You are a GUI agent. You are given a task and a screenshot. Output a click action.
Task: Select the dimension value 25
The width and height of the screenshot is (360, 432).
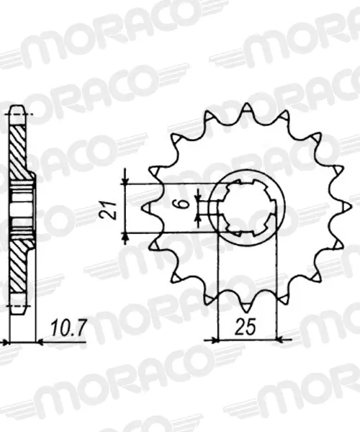(x=245, y=327)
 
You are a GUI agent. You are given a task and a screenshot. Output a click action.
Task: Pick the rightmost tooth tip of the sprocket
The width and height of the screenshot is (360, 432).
(x=351, y=207)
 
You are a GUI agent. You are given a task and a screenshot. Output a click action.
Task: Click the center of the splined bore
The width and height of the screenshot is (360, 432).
(x=247, y=207)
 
